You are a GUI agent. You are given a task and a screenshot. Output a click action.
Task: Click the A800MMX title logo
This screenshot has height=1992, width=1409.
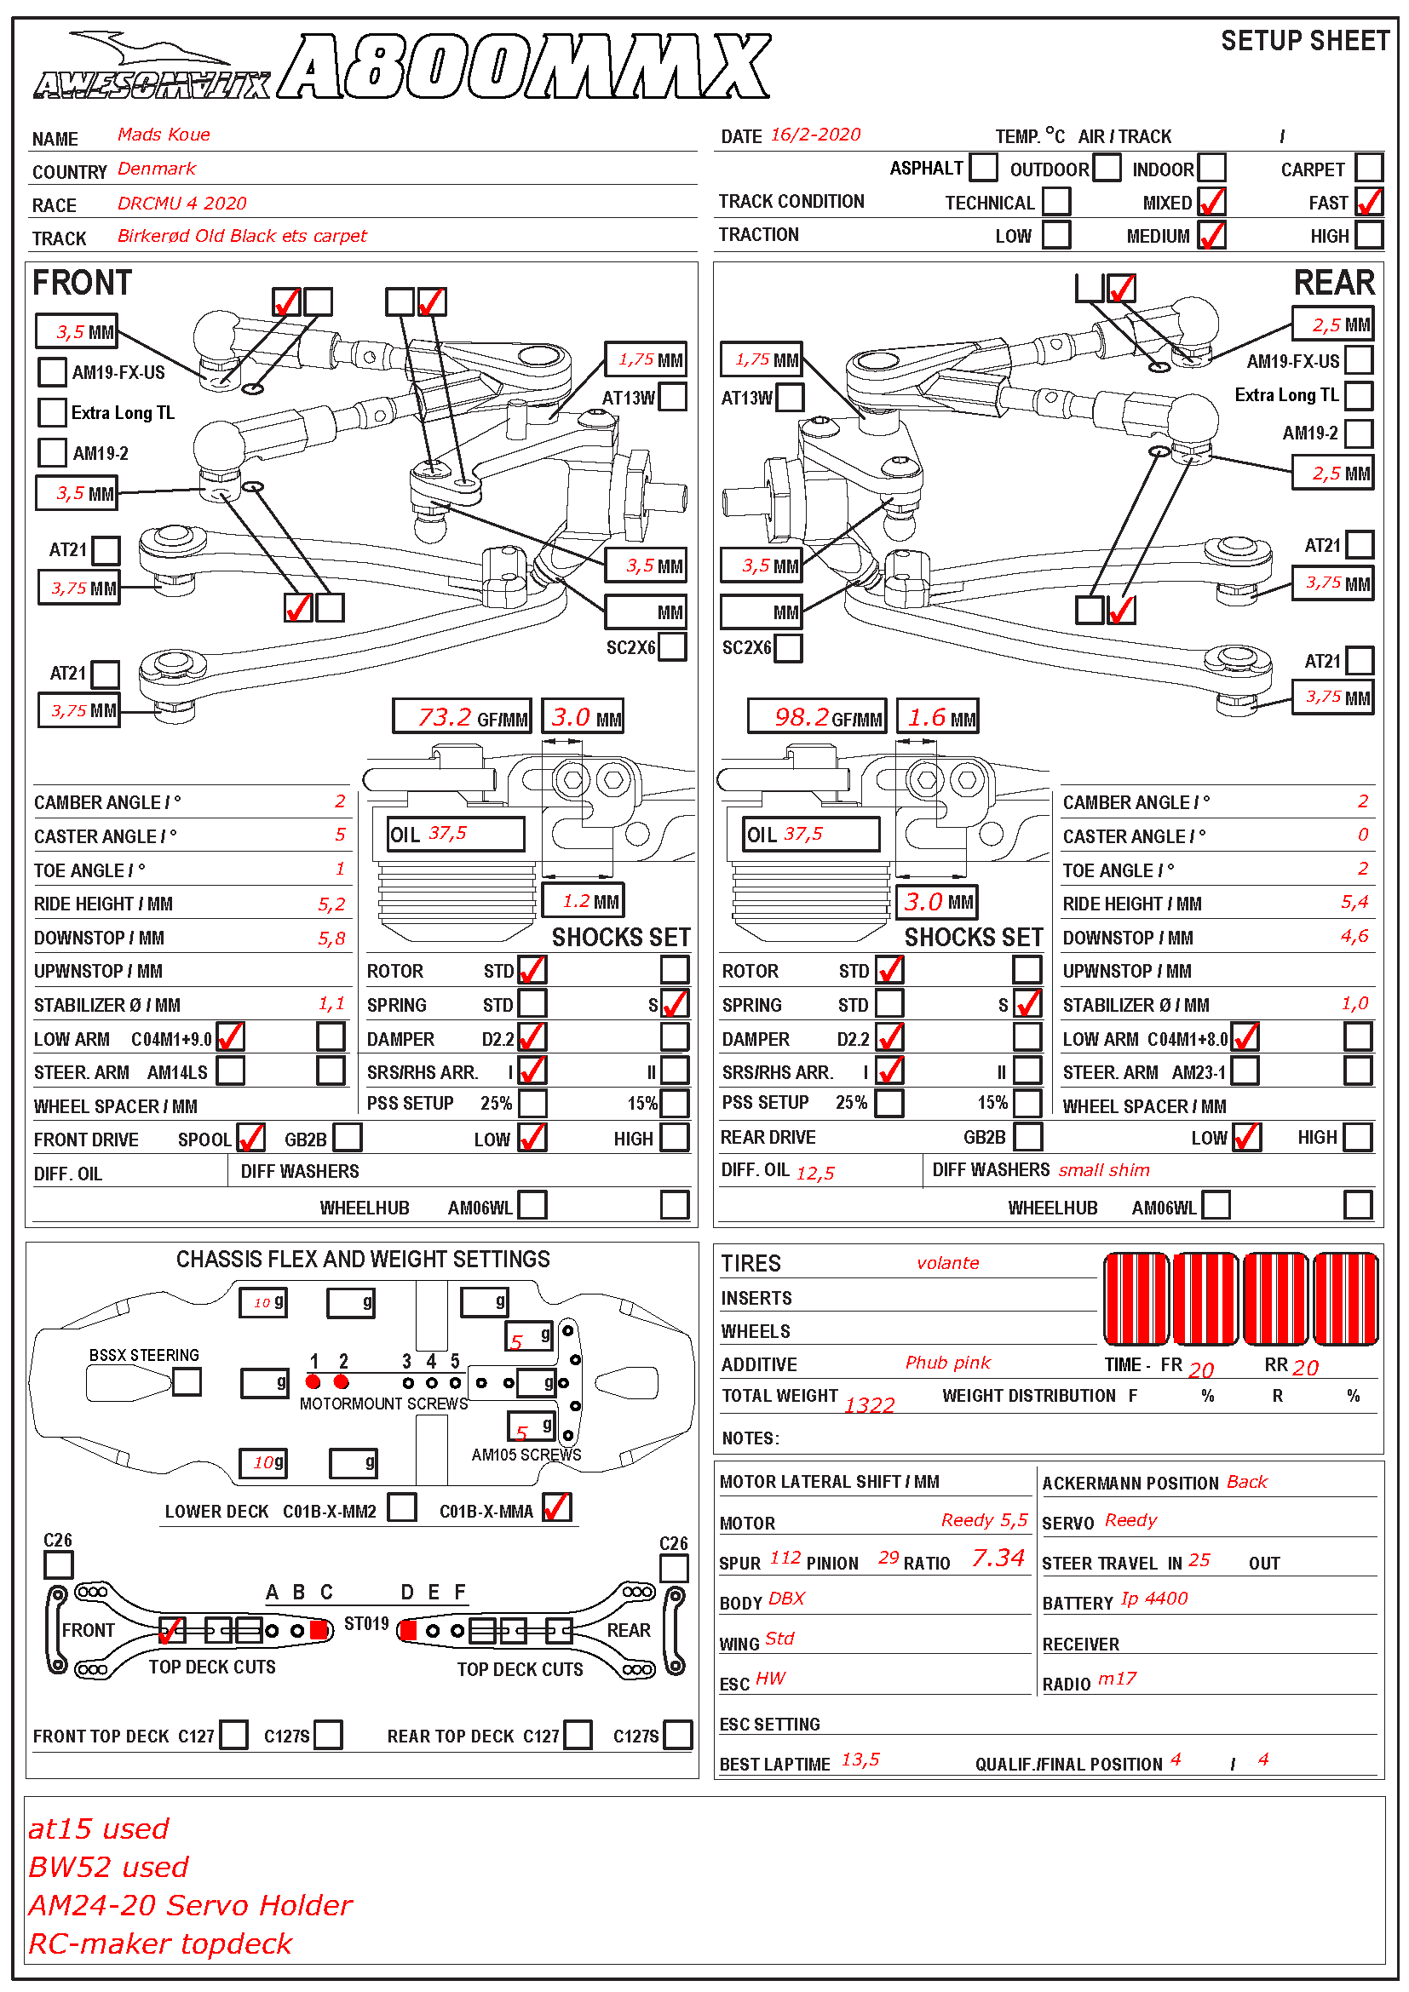[525, 66]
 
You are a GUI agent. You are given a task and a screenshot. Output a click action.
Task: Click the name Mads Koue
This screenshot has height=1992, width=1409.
[163, 135]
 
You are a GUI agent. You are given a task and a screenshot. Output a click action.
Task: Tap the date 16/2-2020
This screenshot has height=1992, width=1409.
[814, 135]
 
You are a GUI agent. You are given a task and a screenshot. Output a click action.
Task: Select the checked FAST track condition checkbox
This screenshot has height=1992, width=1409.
[1369, 202]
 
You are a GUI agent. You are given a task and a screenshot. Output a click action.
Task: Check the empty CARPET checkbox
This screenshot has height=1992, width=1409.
[1368, 168]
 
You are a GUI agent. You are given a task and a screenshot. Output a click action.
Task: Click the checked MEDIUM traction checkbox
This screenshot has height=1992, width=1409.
[1211, 235]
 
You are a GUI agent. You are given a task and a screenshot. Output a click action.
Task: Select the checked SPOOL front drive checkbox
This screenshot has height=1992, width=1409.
[250, 1138]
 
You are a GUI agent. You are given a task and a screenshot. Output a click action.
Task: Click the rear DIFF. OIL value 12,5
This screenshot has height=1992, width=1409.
[814, 1173]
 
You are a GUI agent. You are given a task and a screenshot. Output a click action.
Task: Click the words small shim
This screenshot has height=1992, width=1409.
[1103, 1170]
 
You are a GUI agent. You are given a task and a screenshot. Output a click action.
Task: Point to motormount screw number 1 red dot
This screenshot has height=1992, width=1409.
[313, 1382]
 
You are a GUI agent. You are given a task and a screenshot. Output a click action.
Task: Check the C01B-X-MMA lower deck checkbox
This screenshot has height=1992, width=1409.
[557, 1508]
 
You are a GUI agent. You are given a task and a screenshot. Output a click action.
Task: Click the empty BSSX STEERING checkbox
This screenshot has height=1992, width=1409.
[187, 1382]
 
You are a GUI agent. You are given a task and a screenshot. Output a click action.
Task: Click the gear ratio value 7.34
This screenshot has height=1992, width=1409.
[998, 1559]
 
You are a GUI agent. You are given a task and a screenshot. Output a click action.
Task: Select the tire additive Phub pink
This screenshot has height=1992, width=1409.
[947, 1363]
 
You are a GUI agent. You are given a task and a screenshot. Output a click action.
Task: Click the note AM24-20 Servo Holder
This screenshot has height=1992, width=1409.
[190, 1905]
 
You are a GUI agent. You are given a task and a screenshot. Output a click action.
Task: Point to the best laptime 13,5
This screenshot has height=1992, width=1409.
[860, 1760]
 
